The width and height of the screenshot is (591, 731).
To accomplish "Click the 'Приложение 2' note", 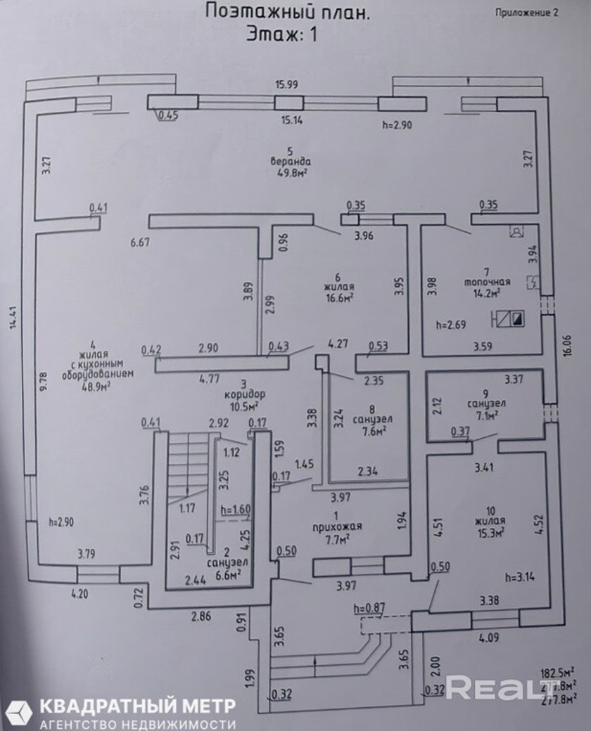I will pyautogui.click(x=526, y=12).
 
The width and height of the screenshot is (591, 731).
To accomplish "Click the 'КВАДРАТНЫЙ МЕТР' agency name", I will pyautogui.click(x=137, y=706).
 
